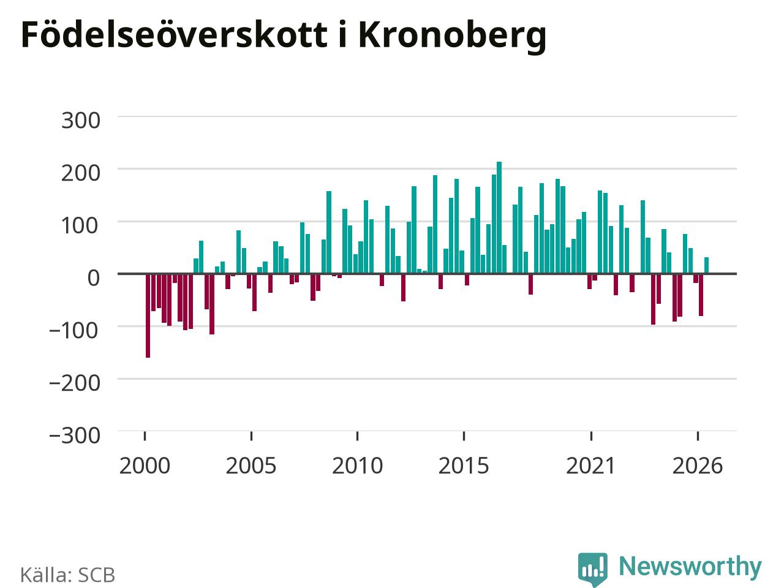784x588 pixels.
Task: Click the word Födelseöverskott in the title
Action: [175, 35]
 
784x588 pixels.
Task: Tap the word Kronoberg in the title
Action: [452, 37]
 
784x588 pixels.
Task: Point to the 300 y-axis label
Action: [81, 120]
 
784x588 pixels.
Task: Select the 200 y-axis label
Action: [81, 173]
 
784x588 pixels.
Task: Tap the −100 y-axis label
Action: [74, 331]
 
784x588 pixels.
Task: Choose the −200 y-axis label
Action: [75, 383]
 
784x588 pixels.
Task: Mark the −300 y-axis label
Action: [75, 435]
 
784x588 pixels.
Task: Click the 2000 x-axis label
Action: [145, 466]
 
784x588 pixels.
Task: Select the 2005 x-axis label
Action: [251, 466]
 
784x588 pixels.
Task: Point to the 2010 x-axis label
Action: [358, 466]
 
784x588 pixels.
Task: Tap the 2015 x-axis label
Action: [464, 466]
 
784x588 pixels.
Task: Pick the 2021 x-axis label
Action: [591, 466]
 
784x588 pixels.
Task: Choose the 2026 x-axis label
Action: [698, 466]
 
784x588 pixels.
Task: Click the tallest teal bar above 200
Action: [499, 218]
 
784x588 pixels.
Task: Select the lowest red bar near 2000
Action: [148, 315]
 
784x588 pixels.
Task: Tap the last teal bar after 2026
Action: [706, 265]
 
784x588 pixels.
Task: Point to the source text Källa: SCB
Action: [67, 575]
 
